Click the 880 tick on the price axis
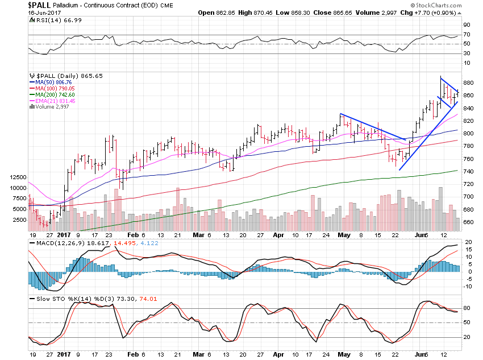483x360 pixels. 467,83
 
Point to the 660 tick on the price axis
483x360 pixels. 467,222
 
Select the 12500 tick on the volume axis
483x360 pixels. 18,177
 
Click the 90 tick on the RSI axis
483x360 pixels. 465,25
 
